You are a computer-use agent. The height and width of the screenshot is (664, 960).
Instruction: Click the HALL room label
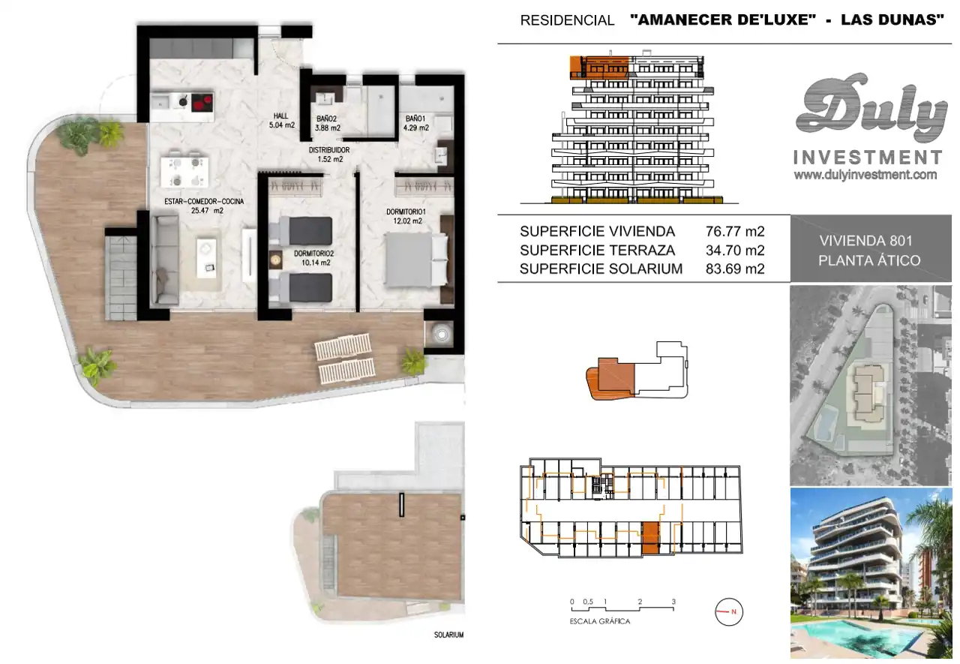(280, 116)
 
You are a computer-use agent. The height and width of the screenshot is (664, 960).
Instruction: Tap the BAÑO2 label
(326, 119)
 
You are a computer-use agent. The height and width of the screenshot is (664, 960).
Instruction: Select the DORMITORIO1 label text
(406, 212)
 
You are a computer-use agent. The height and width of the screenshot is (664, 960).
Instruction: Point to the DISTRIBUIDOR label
(329, 150)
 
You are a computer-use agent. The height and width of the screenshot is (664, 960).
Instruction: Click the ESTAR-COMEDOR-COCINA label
(204, 202)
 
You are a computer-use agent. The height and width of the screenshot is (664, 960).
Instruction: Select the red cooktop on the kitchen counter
(202, 103)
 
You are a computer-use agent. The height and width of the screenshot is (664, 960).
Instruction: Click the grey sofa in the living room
(164, 260)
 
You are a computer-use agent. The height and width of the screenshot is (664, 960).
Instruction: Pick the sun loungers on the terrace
(344, 359)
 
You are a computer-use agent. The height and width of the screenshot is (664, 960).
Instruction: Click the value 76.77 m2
(735, 232)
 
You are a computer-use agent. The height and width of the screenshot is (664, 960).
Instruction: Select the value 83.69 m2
(735, 269)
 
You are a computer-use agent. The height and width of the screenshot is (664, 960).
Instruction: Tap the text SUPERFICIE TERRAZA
(598, 251)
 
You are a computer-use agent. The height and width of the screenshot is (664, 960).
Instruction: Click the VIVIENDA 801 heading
(866, 241)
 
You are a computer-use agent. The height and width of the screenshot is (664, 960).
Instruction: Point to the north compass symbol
(728, 611)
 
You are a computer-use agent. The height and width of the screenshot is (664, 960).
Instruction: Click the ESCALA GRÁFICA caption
(599, 621)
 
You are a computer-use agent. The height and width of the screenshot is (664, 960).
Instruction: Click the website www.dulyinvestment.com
(865, 175)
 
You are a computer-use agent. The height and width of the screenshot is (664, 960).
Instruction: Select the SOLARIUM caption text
(448, 635)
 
